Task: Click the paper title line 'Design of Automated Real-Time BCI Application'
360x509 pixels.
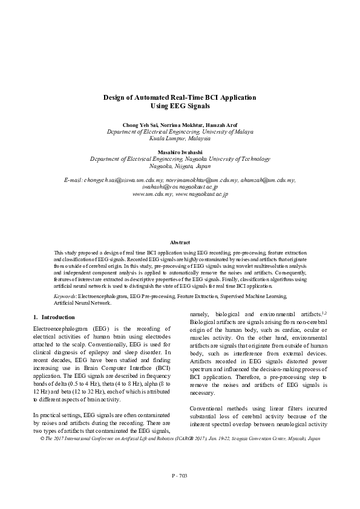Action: (x=180, y=97)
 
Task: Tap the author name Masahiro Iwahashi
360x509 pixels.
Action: (x=180, y=152)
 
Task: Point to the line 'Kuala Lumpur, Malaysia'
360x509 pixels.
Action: (x=180, y=138)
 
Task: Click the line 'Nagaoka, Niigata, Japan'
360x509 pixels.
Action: (x=180, y=166)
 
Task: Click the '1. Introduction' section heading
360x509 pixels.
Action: (x=54, y=317)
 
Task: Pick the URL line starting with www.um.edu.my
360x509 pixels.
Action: (x=180, y=195)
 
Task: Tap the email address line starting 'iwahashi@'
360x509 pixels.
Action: (x=180, y=187)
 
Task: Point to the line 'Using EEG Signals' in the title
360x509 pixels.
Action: (x=180, y=106)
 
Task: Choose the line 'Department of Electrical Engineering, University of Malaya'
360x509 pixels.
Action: (x=180, y=131)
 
